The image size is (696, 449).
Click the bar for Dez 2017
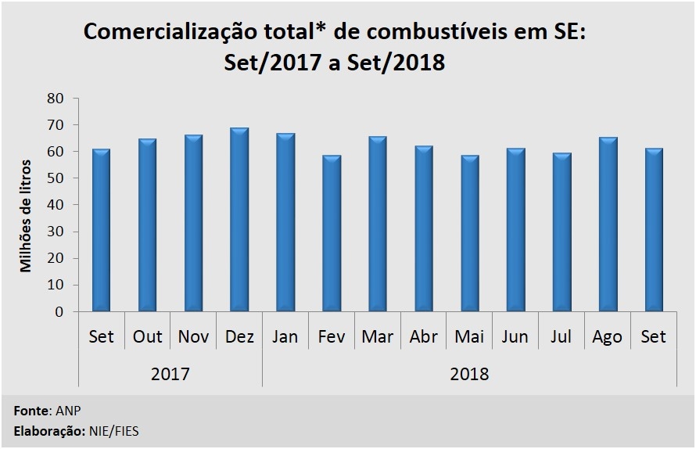click(x=239, y=219)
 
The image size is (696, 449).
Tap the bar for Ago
click(x=608, y=224)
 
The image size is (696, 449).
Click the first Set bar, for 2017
click(x=101, y=230)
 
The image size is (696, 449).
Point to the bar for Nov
click(x=193, y=223)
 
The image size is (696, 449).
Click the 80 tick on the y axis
click(x=55, y=99)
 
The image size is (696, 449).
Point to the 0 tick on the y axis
click(x=59, y=311)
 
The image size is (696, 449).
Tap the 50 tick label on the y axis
click(x=55, y=178)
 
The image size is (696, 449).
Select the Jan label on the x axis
click(x=285, y=336)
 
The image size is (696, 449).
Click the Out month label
click(x=147, y=336)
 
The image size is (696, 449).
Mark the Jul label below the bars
click(x=561, y=336)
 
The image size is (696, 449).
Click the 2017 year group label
click(x=170, y=374)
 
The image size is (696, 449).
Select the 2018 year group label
click(x=469, y=374)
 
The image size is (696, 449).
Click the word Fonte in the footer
click(x=30, y=410)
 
